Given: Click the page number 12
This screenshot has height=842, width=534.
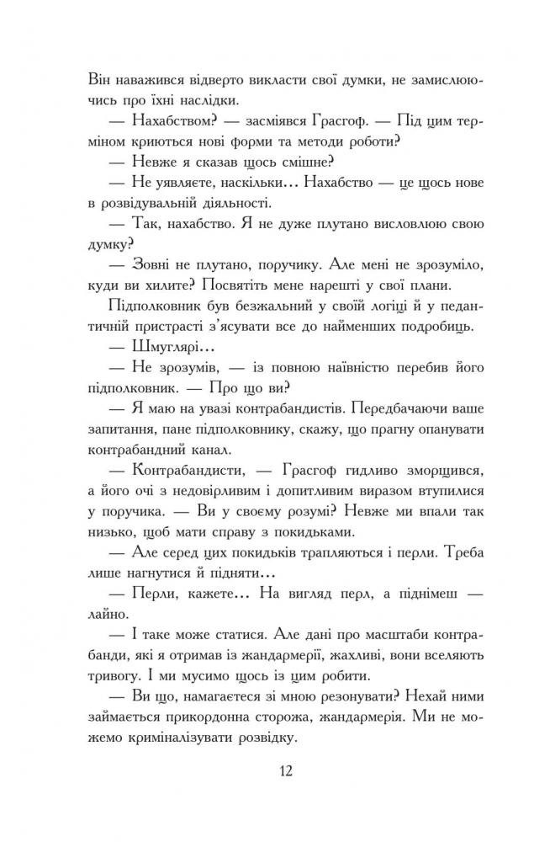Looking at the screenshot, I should [x=267, y=772].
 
